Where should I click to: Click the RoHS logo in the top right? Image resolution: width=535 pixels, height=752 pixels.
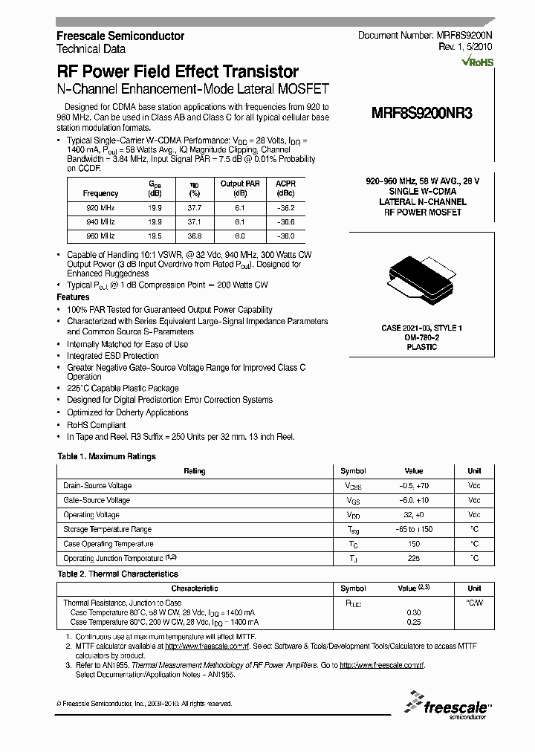pyautogui.click(x=477, y=62)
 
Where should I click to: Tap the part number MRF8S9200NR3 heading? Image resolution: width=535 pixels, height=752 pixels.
pyautogui.click(x=421, y=114)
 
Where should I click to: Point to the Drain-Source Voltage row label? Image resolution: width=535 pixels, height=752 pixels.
pyautogui.click(x=98, y=486)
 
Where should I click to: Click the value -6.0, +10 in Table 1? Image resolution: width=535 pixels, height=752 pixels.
pyautogui.click(x=413, y=500)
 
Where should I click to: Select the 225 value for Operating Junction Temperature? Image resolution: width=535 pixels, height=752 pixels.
pyautogui.click(x=413, y=558)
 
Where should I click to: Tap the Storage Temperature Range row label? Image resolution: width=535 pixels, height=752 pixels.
pyautogui.click(x=107, y=529)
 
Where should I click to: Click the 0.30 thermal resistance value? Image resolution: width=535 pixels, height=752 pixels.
pyautogui.click(x=413, y=612)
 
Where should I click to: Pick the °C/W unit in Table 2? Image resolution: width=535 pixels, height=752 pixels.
pyautogui.click(x=474, y=603)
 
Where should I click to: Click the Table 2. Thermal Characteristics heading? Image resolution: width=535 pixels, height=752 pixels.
pyautogui.click(x=117, y=574)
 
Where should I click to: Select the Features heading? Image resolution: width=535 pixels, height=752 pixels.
pyautogui.click(x=73, y=296)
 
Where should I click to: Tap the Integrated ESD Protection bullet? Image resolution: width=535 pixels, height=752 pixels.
pyautogui.click(x=112, y=356)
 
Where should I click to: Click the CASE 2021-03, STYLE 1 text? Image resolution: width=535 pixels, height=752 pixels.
pyautogui.click(x=421, y=328)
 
